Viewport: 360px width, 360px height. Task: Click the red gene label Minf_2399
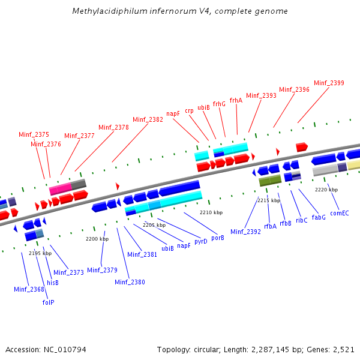click(x=329, y=83)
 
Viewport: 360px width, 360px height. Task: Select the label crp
click(x=189, y=110)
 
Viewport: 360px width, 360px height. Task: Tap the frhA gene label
click(x=236, y=100)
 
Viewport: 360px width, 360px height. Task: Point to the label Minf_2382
click(x=148, y=119)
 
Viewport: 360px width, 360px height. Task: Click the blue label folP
click(x=48, y=302)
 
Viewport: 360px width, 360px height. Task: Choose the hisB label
click(x=53, y=282)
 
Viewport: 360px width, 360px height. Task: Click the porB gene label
click(x=218, y=238)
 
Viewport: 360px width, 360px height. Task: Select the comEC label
click(x=340, y=213)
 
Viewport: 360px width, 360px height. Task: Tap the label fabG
click(x=319, y=217)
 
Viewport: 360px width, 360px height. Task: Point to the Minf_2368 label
click(x=29, y=289)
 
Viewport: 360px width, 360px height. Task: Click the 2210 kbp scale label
click(x=211, y=212)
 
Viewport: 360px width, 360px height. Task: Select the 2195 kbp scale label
click(x=40, y=253)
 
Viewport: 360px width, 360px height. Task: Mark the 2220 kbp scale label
click(x=326, y=190)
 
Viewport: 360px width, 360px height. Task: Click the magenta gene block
click(x=60, y=189)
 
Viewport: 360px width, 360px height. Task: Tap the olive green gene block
click(x=270, y=180)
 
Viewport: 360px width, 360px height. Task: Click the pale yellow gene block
click(x=353, y=165)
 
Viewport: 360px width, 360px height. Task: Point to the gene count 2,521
click(x=343, y=349)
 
